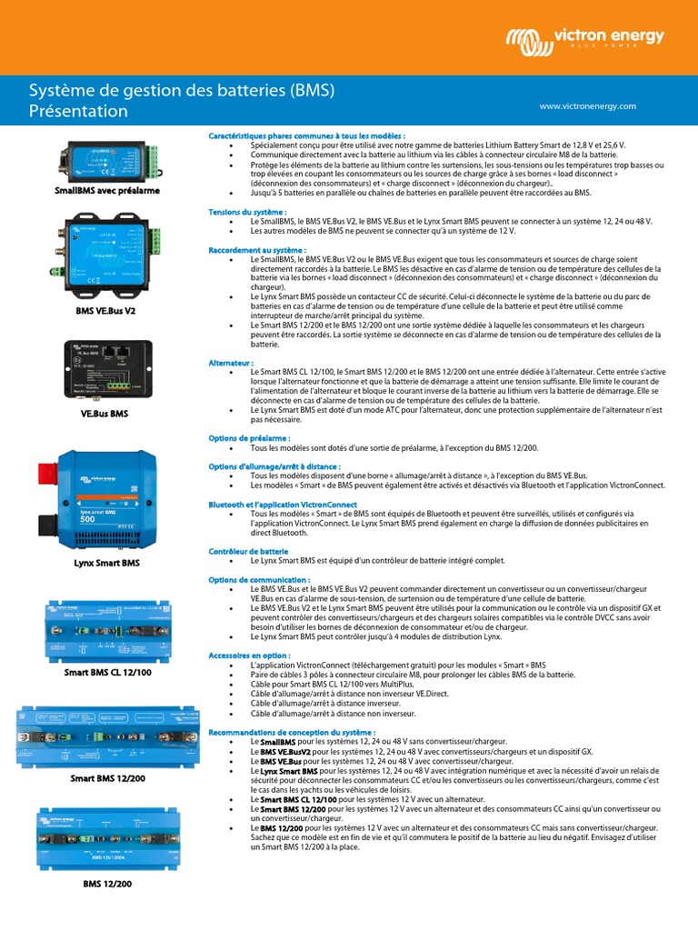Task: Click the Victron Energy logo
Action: [x=585, y=39]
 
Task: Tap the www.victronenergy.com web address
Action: [x=587, y=106]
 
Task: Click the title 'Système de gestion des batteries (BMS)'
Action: [x=182, y=91]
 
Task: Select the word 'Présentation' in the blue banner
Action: [x=79, y=112]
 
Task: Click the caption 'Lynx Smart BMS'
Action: [x=106, y=564]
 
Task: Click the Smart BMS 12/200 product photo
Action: [x=107, y=737]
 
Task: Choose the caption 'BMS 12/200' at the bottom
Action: [x=107, y=883]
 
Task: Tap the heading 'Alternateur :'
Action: [x=231, y=362]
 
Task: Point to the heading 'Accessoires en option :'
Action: [x=250, y=655]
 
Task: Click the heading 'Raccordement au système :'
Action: [x=257, y=249]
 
